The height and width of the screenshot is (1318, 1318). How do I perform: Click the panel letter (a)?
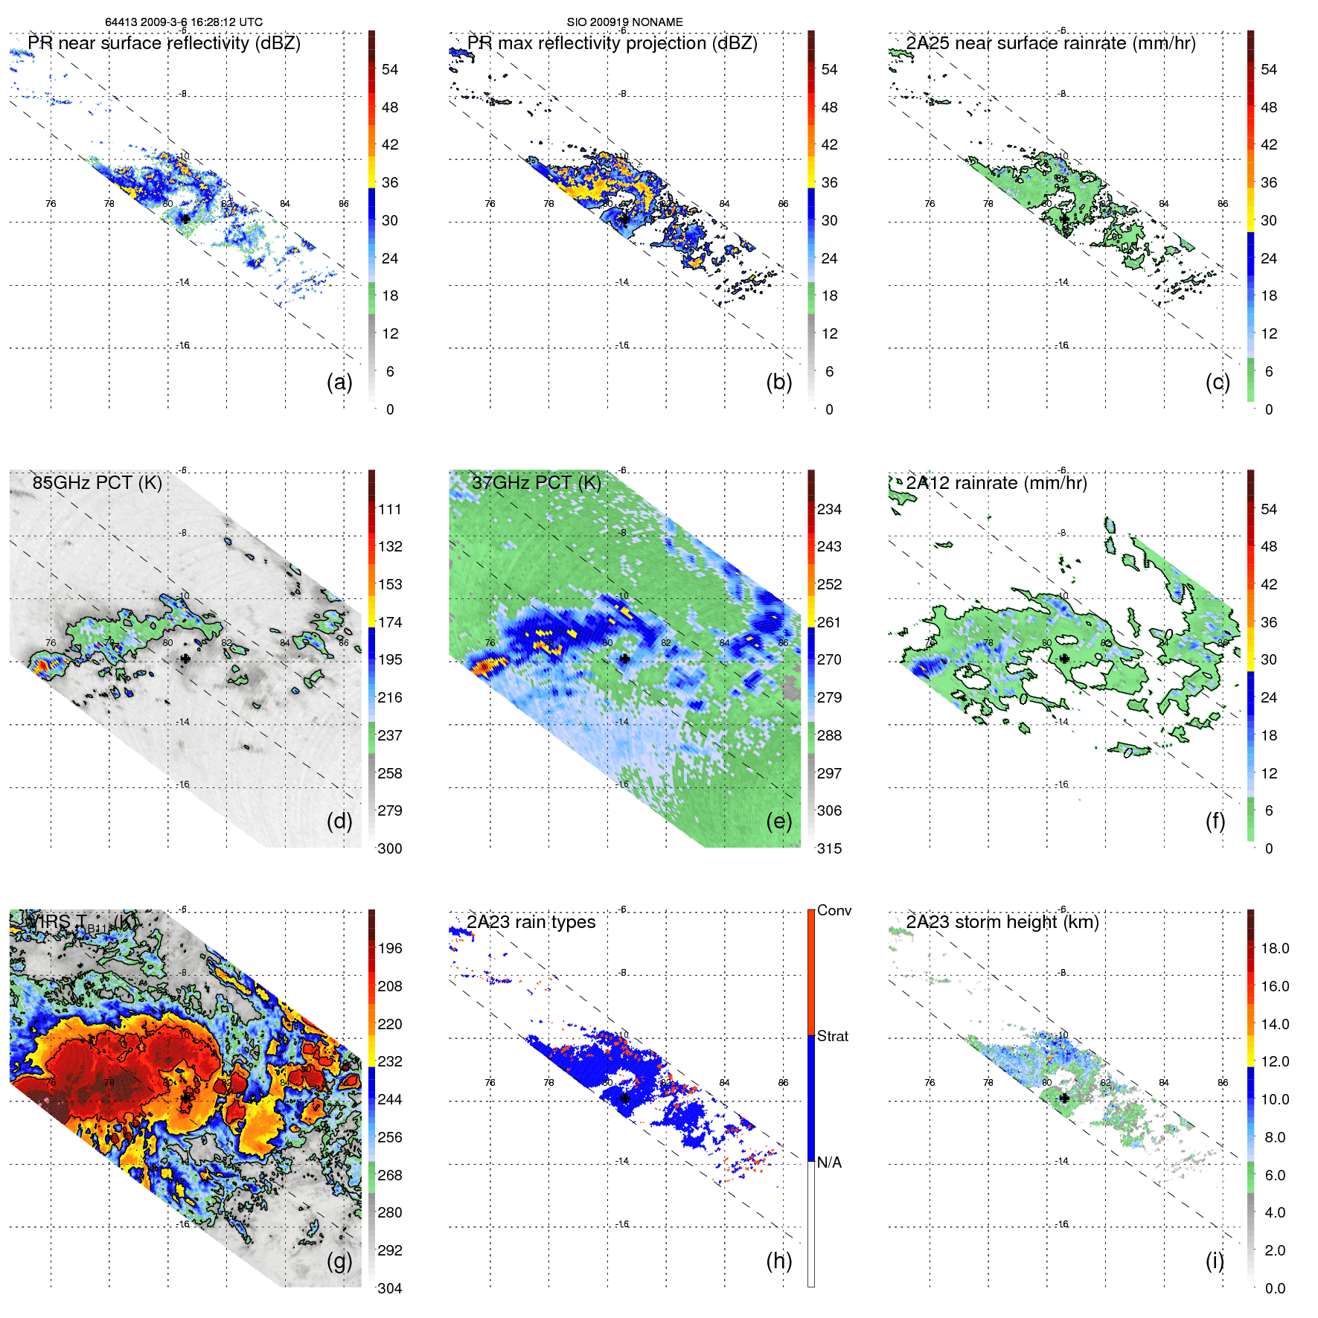tap(339, 383)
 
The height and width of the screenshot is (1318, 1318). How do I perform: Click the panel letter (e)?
tap(778, 822)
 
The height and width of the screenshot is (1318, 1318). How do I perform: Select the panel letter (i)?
tap(1215, 1261)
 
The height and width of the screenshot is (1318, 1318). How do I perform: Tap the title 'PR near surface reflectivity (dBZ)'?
tap(164, 43)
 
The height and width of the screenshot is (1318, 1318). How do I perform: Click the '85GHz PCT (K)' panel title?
tap(97, 483)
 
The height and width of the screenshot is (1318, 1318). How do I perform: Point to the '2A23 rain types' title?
tap(531, 922)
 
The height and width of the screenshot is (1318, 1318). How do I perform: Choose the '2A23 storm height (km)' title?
tap(1002, 922)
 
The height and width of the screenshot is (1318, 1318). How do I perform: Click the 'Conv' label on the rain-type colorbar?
tap(834, 910)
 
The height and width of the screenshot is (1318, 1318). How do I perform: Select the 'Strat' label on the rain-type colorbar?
tap(832, 1036)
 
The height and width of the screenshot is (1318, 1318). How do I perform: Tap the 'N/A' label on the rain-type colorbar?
tap(829, 1162)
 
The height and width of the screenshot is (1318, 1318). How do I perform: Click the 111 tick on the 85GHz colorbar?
tap(389, 509)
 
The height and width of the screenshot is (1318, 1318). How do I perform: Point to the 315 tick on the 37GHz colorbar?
tap(829, 848)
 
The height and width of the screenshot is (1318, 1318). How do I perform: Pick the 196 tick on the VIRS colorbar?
tap(389, 948)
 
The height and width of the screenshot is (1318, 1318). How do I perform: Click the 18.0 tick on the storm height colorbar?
tap(1274, 948)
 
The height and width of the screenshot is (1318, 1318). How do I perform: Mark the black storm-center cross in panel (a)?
tap(185, 219)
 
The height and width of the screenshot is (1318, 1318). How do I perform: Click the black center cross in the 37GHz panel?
tap(624, 659)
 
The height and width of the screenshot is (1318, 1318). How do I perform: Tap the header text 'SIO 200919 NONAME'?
tap(624, 22)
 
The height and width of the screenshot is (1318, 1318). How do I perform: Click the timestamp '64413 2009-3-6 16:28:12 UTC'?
tap(184, 22)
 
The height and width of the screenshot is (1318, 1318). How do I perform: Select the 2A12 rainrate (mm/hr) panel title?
tap(996, 483)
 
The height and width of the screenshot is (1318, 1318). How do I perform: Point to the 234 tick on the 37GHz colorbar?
tap(829, 509)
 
